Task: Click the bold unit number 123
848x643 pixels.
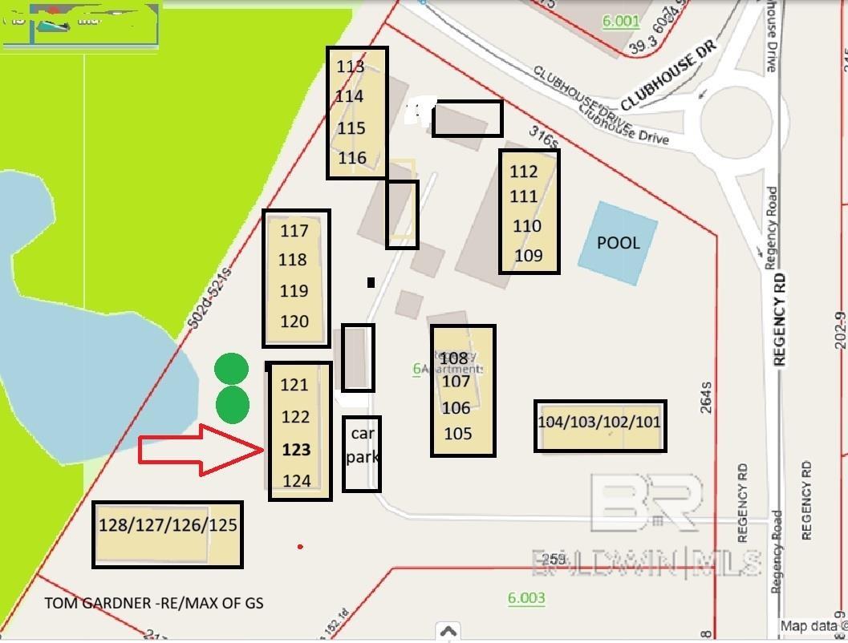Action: (296, 450)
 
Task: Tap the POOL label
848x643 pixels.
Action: (619, 242)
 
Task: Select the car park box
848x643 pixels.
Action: (362, 454)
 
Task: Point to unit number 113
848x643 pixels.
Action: (350, 67)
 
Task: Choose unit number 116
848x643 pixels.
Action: (352, 158)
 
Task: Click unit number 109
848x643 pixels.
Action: (529, 256)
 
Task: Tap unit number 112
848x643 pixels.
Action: (523, 171)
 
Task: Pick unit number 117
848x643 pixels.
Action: (294, 231)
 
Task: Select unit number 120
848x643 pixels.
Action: (294, 321)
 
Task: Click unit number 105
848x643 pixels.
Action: (457, 434)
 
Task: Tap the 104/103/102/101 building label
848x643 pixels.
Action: (600, 422)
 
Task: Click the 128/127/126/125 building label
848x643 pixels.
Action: (168, 525)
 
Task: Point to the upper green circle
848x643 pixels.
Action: (232, 370)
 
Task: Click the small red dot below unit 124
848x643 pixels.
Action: (300, 547)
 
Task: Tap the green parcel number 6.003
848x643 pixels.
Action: (526, 597)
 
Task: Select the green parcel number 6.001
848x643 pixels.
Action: (621, 21)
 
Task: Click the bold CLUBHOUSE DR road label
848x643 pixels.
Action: (667, 76)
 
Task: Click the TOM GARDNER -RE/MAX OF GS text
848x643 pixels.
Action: (154, 603)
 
